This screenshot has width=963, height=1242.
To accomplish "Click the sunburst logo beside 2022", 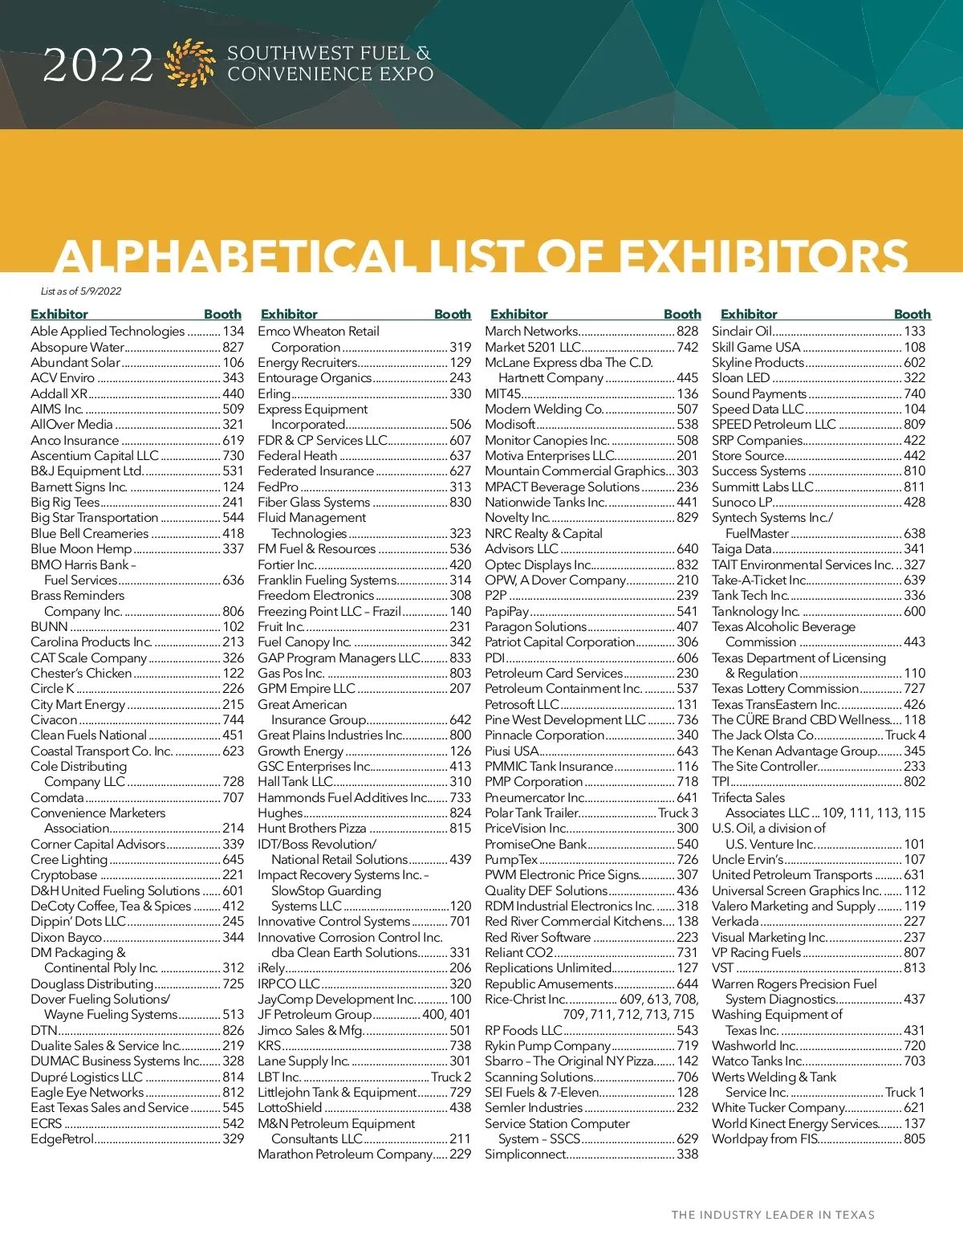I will [189, 63].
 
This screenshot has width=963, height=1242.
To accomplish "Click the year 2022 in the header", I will [97, 66].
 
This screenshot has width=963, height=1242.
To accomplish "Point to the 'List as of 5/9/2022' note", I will [81, 291].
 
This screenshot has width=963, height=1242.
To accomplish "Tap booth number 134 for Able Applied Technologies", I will [234, 332].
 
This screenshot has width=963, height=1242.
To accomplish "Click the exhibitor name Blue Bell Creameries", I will [90, 534].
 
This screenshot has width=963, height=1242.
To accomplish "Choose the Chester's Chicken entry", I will [81, 674].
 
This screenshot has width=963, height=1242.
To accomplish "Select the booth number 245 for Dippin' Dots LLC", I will [234, 922].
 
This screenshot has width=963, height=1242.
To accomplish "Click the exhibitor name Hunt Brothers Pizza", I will [311, 829].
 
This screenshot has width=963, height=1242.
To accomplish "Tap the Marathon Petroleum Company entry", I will [345, 1154].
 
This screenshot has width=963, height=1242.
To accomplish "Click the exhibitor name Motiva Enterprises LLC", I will [549, 456].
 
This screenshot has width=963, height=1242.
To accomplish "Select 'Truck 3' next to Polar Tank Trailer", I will [678, 813].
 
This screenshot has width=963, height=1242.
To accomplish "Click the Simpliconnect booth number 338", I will [688, 1154].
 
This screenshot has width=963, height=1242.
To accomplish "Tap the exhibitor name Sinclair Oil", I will [742, 332].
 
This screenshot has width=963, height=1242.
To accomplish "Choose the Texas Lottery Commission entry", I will [785, 689].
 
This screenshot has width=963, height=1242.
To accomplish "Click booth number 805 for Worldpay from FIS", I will [915, 1139].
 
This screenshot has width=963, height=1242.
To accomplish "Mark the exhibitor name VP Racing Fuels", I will [756, 953].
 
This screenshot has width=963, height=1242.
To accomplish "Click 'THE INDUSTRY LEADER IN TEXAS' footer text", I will [773, 1215].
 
